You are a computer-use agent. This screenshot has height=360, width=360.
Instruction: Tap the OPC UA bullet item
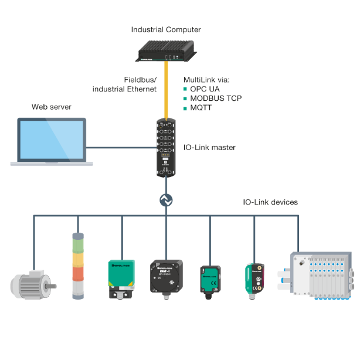coord(205,89)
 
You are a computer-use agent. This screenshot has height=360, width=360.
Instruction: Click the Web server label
coord(51,107)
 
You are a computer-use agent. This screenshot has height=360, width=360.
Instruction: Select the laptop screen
coord(52,140)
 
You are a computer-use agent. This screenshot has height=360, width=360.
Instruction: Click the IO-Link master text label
coord(209,147)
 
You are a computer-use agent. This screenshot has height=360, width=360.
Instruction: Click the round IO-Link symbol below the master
coord(167,200)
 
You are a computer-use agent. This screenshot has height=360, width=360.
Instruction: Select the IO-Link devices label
coord(270,202)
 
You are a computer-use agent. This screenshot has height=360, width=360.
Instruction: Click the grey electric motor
coord(32,283)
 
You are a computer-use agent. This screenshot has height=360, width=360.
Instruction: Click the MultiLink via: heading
coord(206,79)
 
